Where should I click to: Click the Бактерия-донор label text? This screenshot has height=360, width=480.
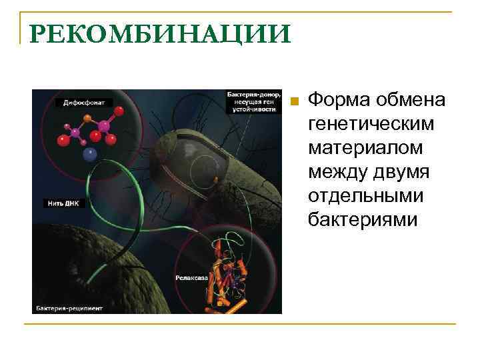[251, 95]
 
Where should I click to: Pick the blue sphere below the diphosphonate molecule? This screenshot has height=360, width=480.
[89, 155]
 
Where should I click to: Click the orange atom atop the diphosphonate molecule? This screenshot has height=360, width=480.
[87, 117]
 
